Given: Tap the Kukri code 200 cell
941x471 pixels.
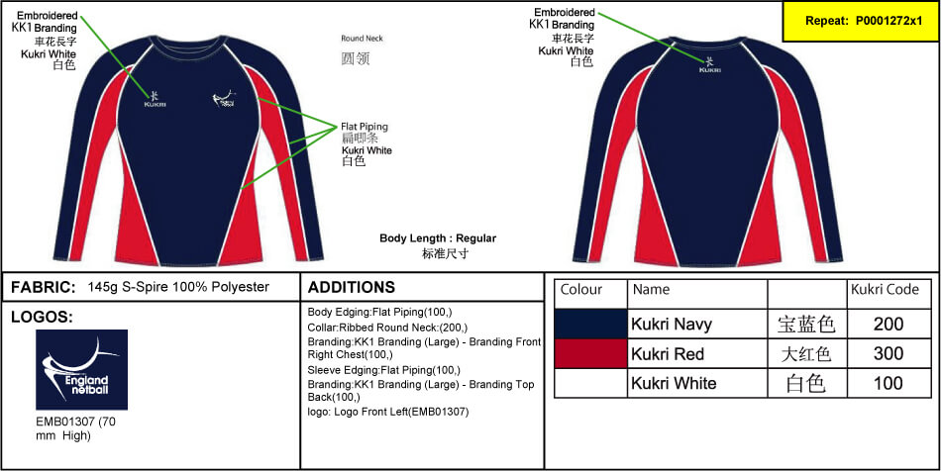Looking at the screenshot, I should pos(889,324).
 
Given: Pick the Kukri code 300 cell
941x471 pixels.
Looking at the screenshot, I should pos(889,353).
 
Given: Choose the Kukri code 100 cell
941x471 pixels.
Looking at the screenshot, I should pos(889,383).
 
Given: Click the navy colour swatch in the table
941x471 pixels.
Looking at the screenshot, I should pos(590,324).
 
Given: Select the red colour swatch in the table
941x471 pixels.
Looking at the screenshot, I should pos(590,353).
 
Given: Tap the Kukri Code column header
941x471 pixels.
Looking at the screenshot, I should pos(885,290).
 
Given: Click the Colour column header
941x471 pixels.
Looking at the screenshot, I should pos(581,290).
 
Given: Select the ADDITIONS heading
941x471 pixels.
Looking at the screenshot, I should pos(352,288).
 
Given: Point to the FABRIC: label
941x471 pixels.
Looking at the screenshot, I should pos(44,287).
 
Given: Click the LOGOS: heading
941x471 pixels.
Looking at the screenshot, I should pos(42,318).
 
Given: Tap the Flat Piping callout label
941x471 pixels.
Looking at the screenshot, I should pos(366,127).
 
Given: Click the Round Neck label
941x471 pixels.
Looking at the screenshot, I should pos(362,39).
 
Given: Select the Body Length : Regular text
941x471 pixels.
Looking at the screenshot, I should pos(438,238).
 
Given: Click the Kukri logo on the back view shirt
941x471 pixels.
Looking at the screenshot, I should pos(710,65).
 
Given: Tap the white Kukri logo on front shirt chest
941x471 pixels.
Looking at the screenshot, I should pos(155,97).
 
